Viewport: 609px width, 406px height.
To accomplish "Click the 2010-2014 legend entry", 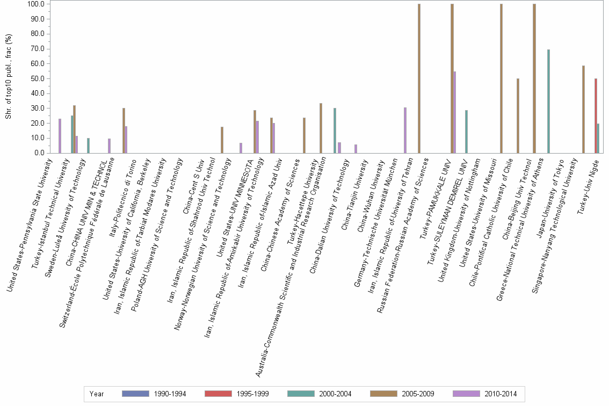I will click(x=485, y=394).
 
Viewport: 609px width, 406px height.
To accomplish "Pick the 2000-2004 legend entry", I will click(x=320, y=394).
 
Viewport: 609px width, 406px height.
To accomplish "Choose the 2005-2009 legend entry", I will click(x=403, y=394).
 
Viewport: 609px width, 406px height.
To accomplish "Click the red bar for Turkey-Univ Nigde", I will click(x=596, y=115).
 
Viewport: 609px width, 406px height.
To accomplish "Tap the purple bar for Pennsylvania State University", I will click(x=60, y=136).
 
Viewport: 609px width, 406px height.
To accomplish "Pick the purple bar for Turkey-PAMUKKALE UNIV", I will click(x=455, y=112).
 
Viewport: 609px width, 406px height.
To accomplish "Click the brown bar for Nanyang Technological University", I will click(x=583, y=109).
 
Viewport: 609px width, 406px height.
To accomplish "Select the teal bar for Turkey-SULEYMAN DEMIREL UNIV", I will click(x=466, y=132).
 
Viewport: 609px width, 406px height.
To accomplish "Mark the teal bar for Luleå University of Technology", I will click(x=89, y=146).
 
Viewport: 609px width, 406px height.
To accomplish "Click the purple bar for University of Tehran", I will click(x=405, y=130).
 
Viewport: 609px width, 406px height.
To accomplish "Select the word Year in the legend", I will click(x=97, y=394).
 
